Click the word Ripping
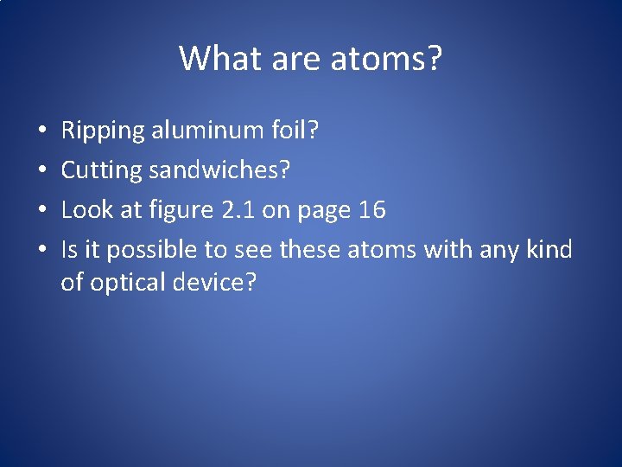click(103, 131)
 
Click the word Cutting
click(101, 171)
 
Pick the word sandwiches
click(219, 170)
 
